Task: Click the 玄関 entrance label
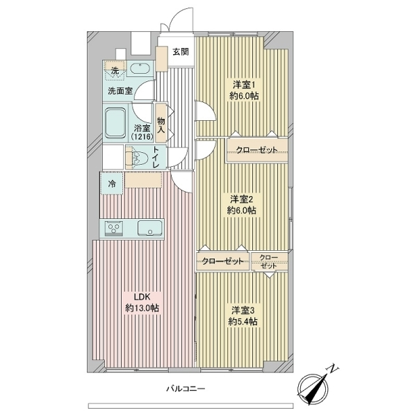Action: (x=181, y=51)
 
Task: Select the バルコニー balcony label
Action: (x=186, y=389)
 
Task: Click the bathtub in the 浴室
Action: (x=115, y=123)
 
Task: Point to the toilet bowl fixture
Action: (x=139, y=158)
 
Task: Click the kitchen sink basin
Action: (x=149, y=228)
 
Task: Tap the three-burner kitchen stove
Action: (x=114, y=229)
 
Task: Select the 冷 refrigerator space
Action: (x=112, y=183)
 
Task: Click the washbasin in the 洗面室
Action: (x=140, y=69)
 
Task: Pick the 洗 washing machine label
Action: (x=115, y=71)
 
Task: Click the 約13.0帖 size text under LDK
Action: (x=142, y=308)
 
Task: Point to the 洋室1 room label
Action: (x=244, y=85)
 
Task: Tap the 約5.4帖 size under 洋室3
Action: (x=243, y=322)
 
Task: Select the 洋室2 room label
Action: (x=241, y=199)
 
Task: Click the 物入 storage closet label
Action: (x=161, y=125)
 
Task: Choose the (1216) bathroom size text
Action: (x=142, y=137)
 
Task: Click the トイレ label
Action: (x=156, y=157)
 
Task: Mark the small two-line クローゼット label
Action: (x=268, y=262)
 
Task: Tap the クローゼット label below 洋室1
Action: (x=256, y=150)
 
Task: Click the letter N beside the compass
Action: (x=333, y=370)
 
